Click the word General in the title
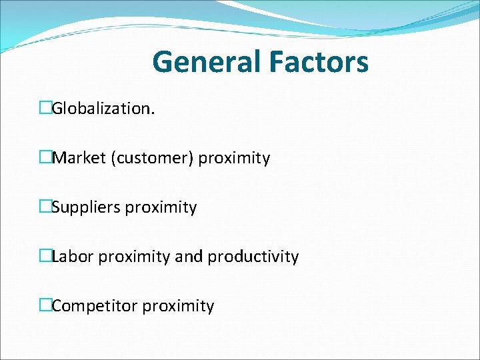coord(207,63)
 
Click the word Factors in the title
coord(319,63)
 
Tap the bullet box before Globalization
coord(45,108)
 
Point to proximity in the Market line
coord(235,159)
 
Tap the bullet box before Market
coord(45,157)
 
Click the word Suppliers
coord(87,207)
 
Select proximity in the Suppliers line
coord(161,208)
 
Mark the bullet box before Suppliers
coord(45,207)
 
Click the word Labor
coord(73,257)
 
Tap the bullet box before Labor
coord(45,256)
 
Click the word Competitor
coord(95,306)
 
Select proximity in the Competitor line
coord(179,307)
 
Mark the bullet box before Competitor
coord(45,305)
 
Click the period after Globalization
coord(153,113)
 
